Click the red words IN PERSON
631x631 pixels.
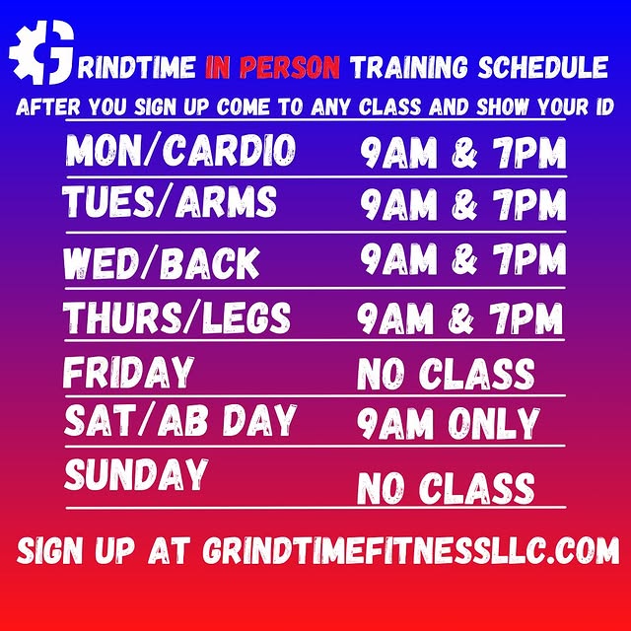tap(272, 68)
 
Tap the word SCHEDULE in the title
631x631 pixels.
tap(539, 68)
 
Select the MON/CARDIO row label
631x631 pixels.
tap(180, 151)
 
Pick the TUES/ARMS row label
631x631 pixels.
tap(170, 202)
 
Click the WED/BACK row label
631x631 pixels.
tap(162, 263)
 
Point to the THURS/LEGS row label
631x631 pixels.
tap(177, 317)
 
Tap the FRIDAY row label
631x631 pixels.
tap(128, 374)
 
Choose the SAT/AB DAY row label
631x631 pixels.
tap(179, 421)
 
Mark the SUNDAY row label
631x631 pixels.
tap(136, 474)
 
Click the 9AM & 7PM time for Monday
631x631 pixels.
tap(463, 154)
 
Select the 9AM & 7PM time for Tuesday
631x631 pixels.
tap(463, 205)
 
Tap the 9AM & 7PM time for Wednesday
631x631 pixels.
tap(463, 259)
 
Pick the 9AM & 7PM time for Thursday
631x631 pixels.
tap(460, 319)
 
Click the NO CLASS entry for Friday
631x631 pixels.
tap(446, 375)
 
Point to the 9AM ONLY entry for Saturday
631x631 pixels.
tap(449, 423)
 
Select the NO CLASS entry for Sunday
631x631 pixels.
tap(446, 488)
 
